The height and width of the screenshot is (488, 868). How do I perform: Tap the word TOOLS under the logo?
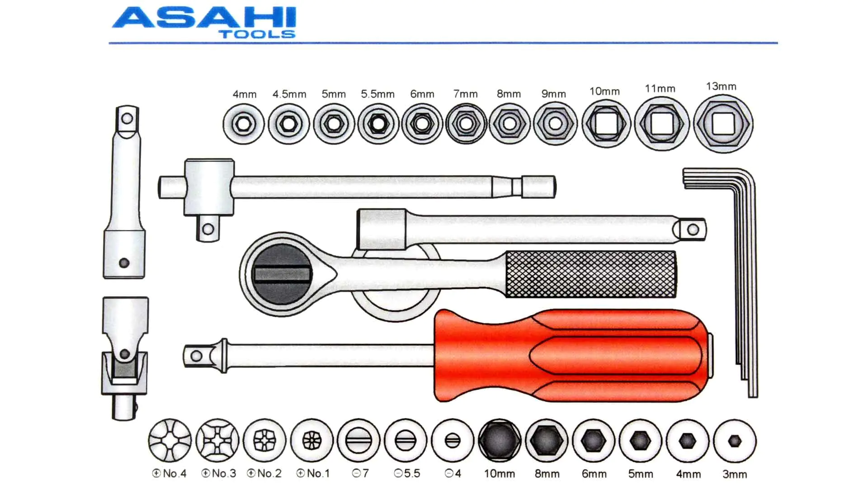click(x=257, y=34)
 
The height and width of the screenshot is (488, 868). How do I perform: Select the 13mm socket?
click(x=723, y=124)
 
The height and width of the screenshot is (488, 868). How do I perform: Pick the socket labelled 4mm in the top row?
click(x=244, y=124)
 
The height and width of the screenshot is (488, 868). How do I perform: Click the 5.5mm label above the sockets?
click(x=377, y=94)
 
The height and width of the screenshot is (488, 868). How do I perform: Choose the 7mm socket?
click(x=466, y=124)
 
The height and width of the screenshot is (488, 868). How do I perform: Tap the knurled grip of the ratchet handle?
click(x=590, y=274)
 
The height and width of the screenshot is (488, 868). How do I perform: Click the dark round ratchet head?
click(x=281, y=274)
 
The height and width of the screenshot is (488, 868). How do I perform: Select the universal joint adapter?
click(x=124, y=357)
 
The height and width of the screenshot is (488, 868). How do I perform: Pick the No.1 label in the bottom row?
click(x=313, y=474)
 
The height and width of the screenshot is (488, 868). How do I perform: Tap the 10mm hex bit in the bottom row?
click(x=499, y=440)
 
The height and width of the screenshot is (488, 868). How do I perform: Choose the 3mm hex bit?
click(x=735, y=441)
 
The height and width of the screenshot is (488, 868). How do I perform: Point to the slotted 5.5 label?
click(x=407, y=474)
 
